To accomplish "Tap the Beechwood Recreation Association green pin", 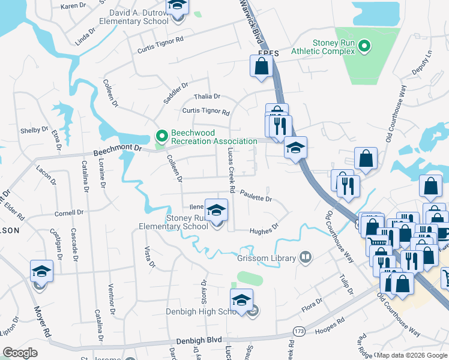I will coord(161,136).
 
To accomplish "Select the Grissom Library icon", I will coord(306,258).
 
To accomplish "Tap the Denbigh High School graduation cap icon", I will coord(241,300).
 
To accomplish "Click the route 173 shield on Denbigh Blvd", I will coord(298,331).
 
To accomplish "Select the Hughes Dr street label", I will coord(264,229).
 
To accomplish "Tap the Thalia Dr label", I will coord(207,96).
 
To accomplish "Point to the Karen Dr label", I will coord(73,6).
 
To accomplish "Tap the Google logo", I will coord(20,352).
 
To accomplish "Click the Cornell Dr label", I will coord(68,213).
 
